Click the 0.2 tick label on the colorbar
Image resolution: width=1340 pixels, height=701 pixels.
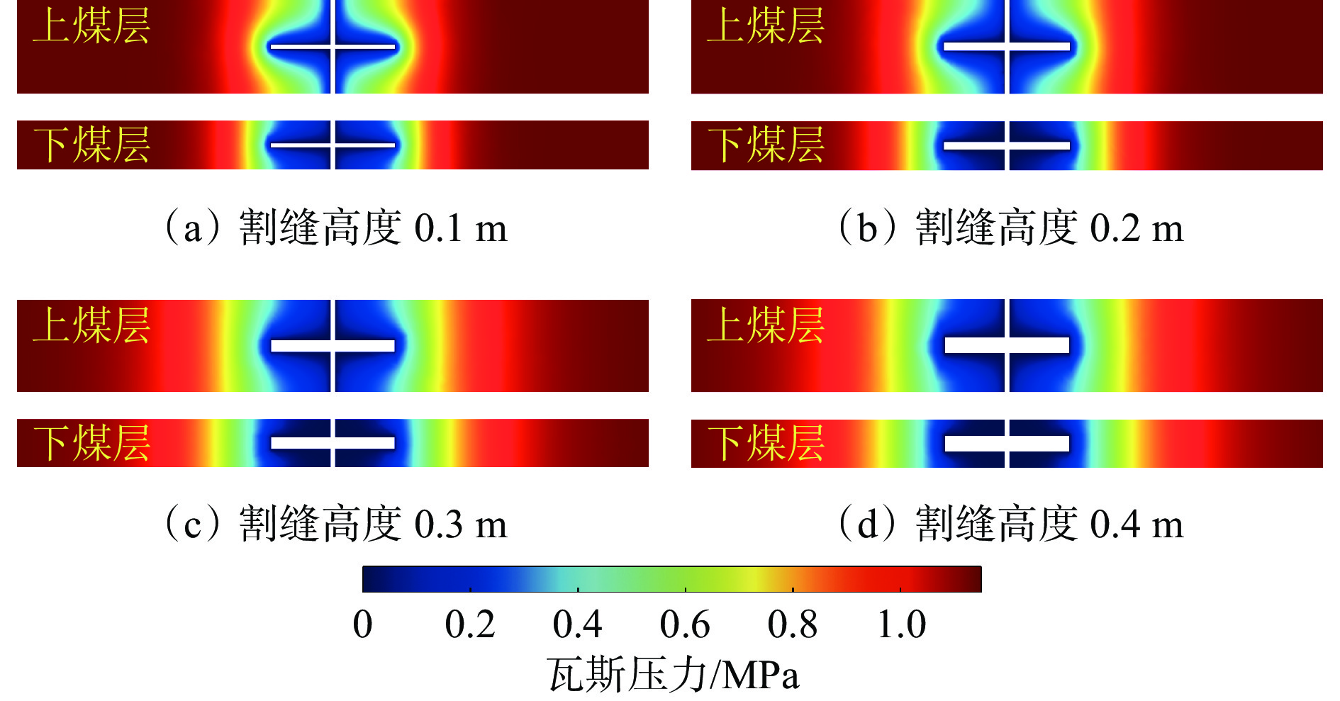tap(469, 624)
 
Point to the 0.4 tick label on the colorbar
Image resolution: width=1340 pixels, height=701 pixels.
tap(577, 624)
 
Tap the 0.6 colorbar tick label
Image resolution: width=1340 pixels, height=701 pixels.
tap(684, 624)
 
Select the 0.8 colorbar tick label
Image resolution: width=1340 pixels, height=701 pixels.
tap(792, 624)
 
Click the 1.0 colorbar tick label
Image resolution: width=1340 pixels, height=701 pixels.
tap(901, 624)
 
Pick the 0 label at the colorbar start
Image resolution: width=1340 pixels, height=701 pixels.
tap(362, 624)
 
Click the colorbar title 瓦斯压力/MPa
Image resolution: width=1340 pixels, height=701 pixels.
tap(673, 674)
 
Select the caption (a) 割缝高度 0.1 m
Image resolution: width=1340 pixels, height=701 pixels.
tap(335, 228)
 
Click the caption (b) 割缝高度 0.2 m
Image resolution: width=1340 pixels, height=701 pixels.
tap(1010, 228)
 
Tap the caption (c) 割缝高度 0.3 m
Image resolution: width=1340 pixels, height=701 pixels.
tap(335, 525)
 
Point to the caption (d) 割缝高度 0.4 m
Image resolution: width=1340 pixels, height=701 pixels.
tap(1010, 525)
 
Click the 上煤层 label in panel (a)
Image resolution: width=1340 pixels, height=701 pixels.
tap(91, 26)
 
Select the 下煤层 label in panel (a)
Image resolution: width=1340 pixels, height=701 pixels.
tap(91, 145)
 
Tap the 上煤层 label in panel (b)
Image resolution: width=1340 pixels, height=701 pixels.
tap(766, 26)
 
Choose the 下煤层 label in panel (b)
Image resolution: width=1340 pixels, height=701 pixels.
tap(766, 145)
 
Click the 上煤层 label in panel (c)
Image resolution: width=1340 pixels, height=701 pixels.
tap(91, 325)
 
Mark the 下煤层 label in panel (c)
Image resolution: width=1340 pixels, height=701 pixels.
tap(91, 443)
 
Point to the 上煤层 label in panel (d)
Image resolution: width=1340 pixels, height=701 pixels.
tap(766, 325)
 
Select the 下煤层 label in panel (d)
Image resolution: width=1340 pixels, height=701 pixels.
tap(766, 443)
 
